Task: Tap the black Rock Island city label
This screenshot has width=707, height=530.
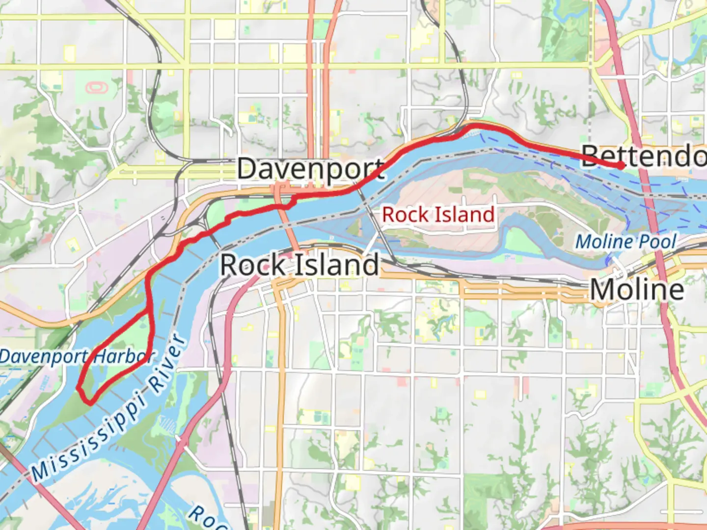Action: tap(299, 265)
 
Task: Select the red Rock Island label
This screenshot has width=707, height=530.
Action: tap(438, 215)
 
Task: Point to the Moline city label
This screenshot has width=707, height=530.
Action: tap(637, 290)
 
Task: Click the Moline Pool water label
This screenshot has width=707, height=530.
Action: tap(625, 242)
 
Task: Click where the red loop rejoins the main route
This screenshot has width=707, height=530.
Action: tap(147, 311)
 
